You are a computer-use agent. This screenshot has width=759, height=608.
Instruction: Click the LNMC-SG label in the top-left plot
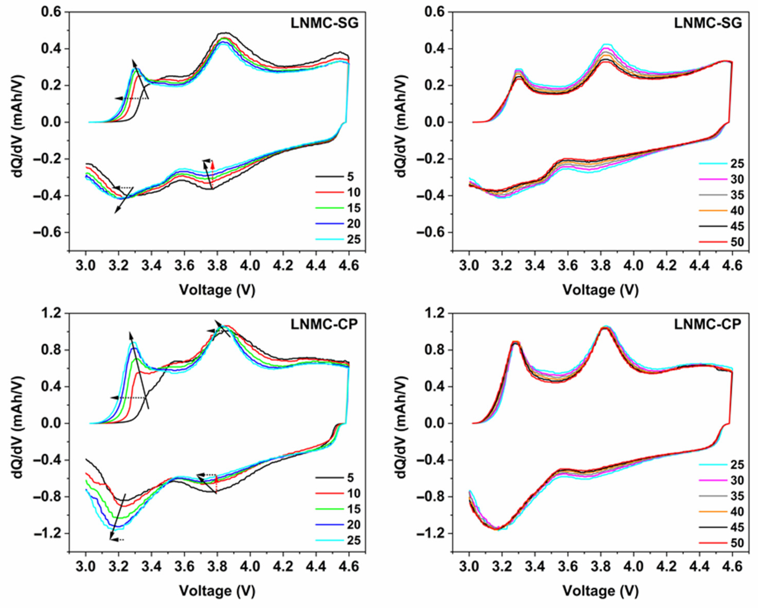click(x=324, y=23)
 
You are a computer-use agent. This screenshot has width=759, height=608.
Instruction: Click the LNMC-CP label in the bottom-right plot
click(x=708, y=324)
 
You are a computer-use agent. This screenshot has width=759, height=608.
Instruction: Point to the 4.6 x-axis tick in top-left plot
click(x=349, y=265)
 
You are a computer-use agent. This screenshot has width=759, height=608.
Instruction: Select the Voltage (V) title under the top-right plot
click(x=600, y=290)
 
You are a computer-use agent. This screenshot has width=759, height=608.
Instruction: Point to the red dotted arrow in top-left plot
click(x=213, y=168)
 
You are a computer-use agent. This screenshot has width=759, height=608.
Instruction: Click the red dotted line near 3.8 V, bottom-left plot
click(x=216, y=484)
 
